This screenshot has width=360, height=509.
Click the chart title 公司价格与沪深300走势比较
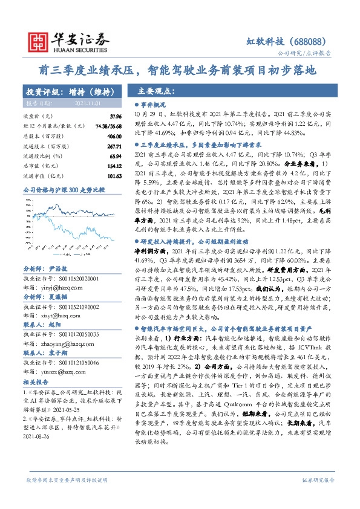[x=64, y=189]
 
